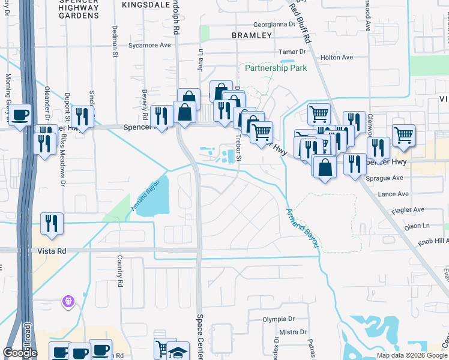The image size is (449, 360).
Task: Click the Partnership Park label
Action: coord(276,68)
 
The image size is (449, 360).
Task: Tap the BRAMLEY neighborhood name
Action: coord(252,35)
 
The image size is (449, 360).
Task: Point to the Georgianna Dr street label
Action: coord(275,25)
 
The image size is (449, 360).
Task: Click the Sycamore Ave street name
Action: coord(150,45)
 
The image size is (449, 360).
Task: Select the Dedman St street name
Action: coord(115,41)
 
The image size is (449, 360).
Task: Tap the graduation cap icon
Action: coord(178,350)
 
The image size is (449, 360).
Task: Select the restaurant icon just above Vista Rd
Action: coord(52,223)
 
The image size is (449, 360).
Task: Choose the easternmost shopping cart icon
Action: coord(403,134)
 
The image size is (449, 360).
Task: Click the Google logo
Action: coord(20,353)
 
